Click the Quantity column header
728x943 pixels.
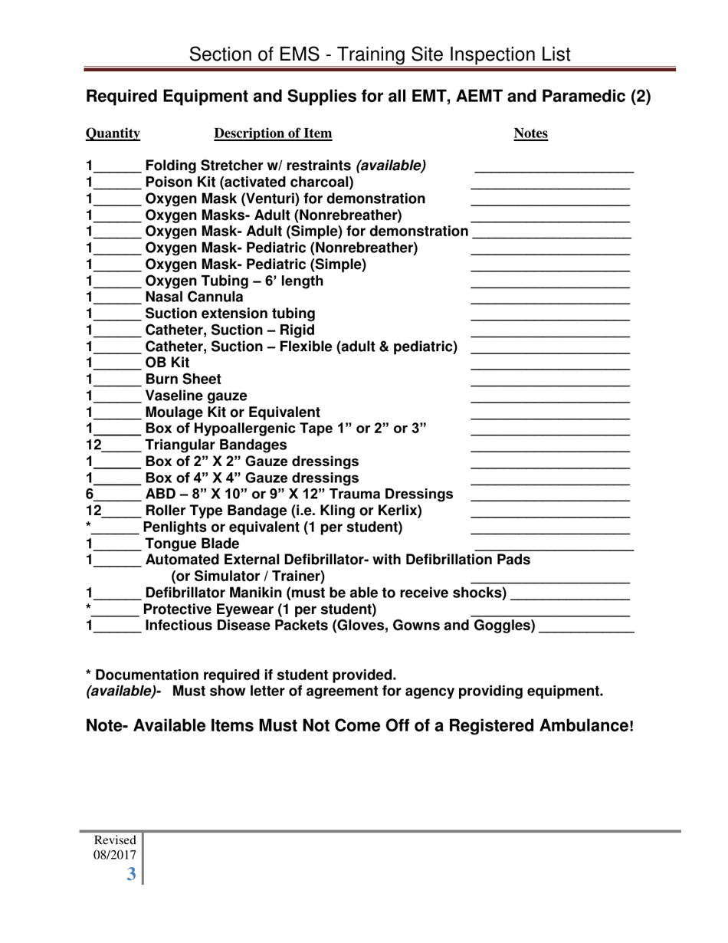point(113,134)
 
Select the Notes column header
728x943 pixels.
point(530,134)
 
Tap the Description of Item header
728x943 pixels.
point(273,134)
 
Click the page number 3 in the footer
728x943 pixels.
point(132,874)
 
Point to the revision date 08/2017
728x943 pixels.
point(115,855)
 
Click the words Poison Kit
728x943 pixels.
point(179,182)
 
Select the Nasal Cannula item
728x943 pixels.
point(194,297)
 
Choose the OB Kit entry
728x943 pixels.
point(167,363)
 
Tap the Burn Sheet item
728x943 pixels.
point(183,379)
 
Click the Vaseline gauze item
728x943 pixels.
point(196,396)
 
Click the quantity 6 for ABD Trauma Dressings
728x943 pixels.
point(90,495)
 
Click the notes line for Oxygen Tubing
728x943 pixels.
point(549,285)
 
